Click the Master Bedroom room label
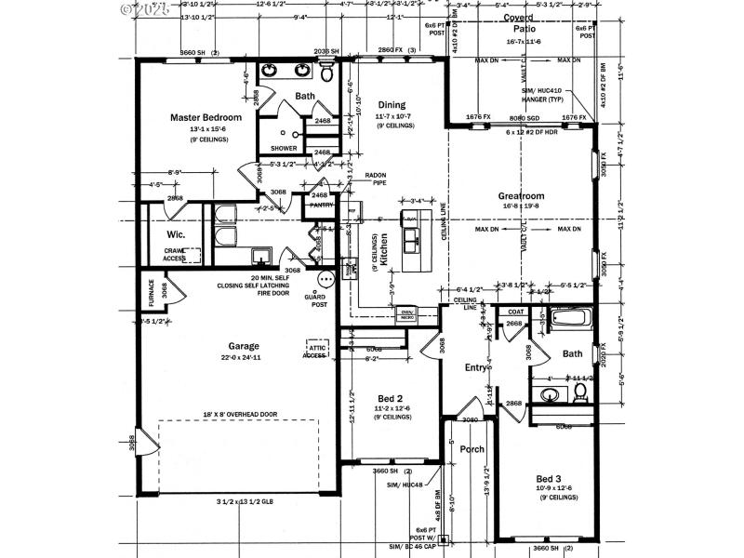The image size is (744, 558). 206,117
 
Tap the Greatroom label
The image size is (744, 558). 520,196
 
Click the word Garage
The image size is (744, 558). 244,345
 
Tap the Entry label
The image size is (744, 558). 476,367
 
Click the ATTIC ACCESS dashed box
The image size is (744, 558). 316,348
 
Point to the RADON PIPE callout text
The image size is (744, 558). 375,178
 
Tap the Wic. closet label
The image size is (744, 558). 177,234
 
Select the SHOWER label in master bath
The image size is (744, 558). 284,149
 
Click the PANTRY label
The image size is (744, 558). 321,205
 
